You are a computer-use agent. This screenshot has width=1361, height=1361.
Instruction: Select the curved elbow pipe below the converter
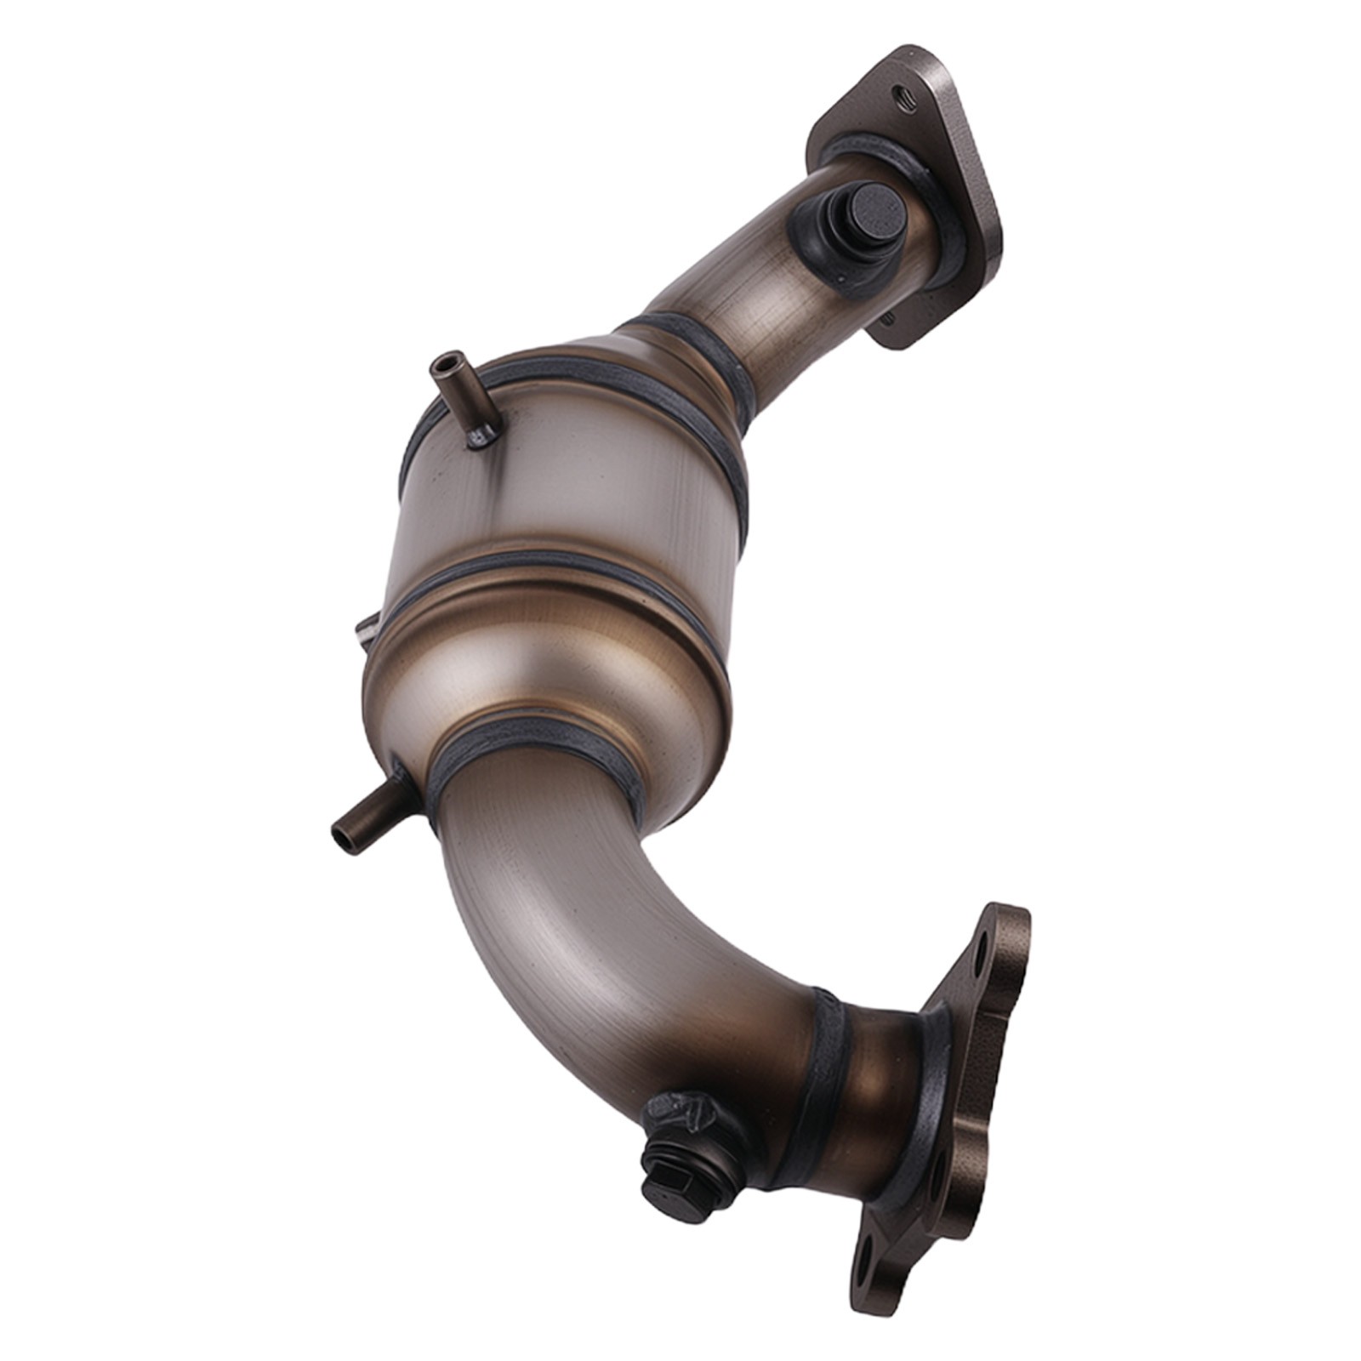pyautogui.click(x=595, y=936)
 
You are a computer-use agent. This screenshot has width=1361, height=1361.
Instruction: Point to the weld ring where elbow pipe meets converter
pyautogui.click(x=544, y=749)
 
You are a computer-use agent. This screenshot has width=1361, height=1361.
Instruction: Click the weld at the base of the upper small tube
pyautogui.click(x=481, y=436)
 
